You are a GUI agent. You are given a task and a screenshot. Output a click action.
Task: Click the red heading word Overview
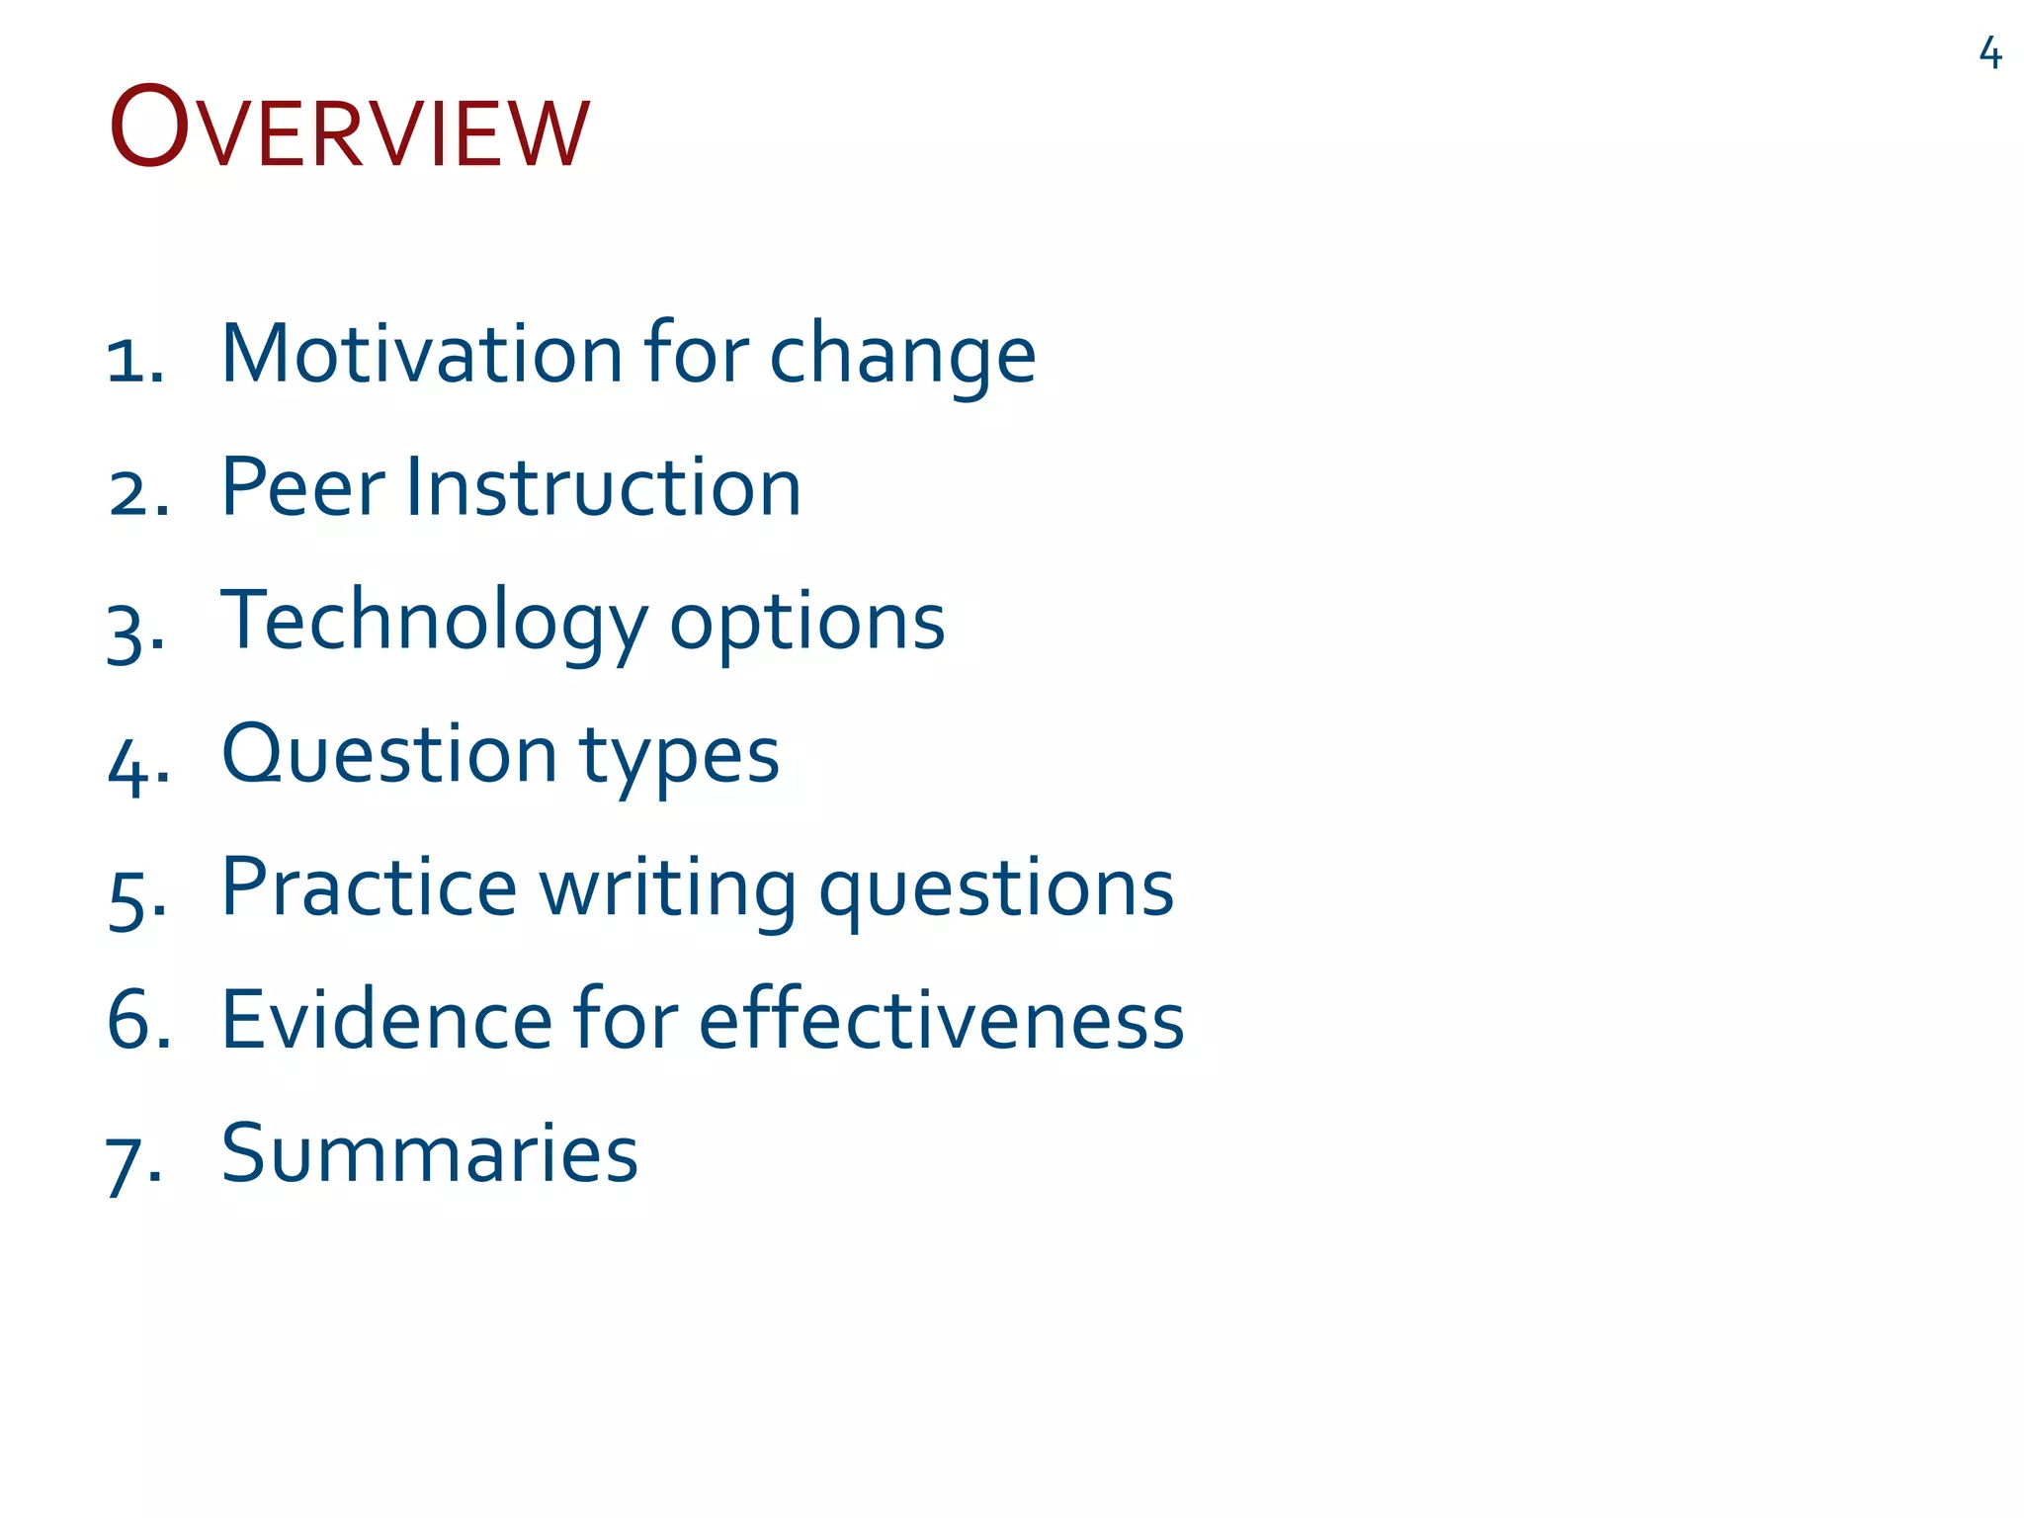[x=349, y=129]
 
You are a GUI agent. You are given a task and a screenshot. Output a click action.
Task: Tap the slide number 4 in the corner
[x=1990, y=53]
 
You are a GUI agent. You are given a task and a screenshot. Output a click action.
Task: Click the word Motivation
[x=422, y=354]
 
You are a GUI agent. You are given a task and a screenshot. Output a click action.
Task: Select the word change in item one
[x=902, y=358]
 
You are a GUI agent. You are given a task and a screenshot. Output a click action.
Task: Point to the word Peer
[x=302, y=487]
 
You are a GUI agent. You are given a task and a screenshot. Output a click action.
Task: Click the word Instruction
[x=603, y=487]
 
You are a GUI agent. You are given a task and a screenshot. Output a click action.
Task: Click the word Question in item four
[x=389, y=756]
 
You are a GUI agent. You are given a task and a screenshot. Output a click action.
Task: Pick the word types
[x=679, y=759]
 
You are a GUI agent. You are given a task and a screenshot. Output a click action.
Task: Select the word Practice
[x=369, y=887]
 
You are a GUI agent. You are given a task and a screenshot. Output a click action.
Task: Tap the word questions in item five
[x=996, y=891]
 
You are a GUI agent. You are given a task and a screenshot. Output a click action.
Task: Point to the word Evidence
[x=386, y=1020]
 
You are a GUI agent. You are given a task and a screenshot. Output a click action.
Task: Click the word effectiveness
[x=942, y=1020]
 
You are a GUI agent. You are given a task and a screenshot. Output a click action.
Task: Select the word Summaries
[x=430, y=1153]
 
